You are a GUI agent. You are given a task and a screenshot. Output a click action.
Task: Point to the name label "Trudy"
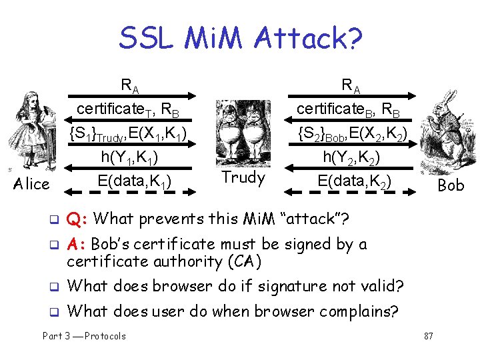point(243,177)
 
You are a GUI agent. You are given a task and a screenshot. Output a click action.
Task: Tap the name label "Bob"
point(450,185)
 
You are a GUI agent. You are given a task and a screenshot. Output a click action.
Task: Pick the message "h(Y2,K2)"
point(351,158)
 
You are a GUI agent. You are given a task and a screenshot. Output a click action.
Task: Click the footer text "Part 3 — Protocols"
point(84,336)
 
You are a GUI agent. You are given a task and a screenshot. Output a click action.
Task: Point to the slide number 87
point(428,336)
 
